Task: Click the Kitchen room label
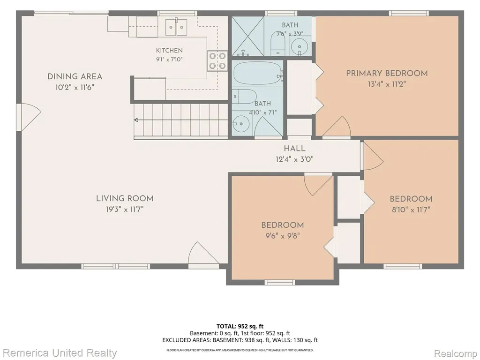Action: coord(169,51)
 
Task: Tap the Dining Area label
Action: coord(75,76)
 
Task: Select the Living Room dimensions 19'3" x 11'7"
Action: coord(125,210)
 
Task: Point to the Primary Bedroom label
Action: coord(387,74)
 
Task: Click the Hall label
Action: coord(294,149)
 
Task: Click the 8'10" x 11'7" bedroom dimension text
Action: coord(411,210)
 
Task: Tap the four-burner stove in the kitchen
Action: coord(217,61)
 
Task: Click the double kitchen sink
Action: coord(177,27)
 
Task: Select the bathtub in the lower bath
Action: coord(258,74)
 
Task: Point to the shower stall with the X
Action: coord(247,36)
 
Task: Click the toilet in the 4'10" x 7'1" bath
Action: coord(244,97)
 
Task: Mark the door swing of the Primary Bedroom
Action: coord(337,127)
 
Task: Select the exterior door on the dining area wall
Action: coord(29,117)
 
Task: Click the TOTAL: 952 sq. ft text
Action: coord(240,326)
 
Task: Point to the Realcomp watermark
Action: coord(456,353)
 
